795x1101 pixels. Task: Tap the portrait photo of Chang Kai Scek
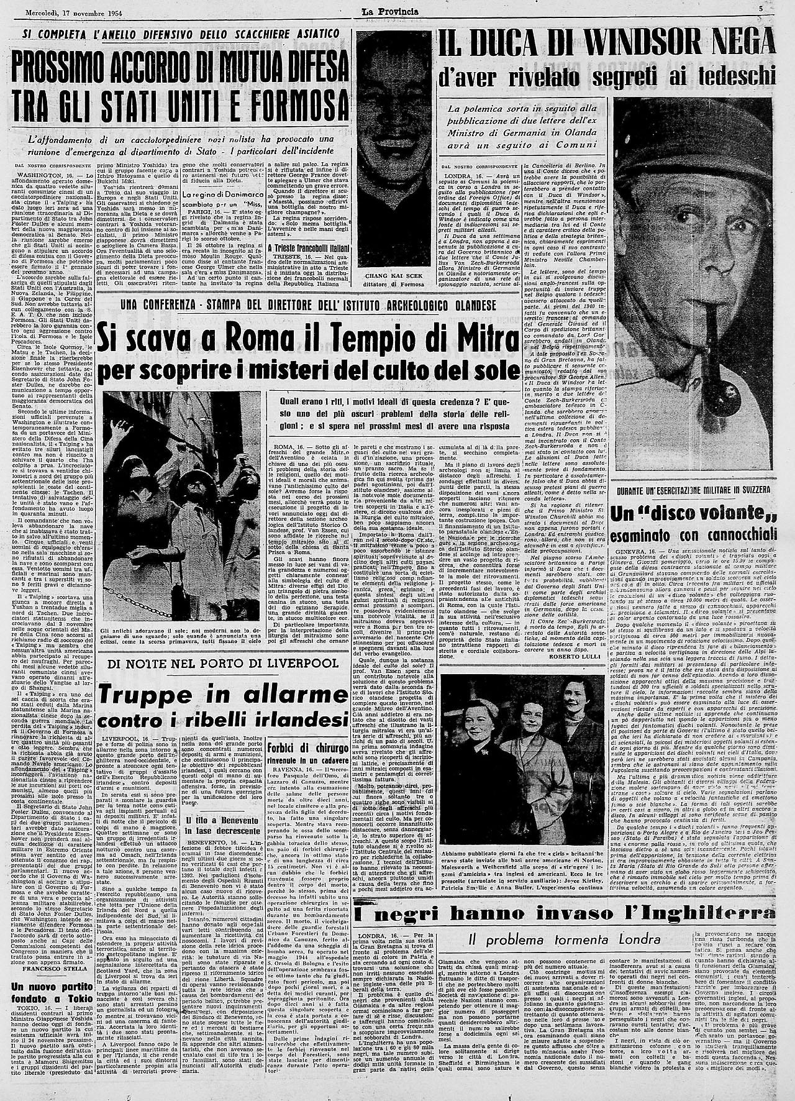coord(394,149)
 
